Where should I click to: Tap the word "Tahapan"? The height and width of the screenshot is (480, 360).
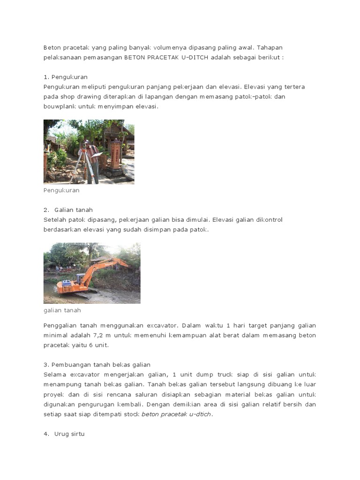(270, 48)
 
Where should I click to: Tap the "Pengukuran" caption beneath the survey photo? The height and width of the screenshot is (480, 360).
(61, 191)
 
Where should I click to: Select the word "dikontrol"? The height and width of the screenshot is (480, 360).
(268, 220)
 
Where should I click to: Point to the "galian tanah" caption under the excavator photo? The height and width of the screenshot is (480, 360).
(62, 310)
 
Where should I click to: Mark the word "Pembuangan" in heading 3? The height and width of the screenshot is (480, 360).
(71, 365)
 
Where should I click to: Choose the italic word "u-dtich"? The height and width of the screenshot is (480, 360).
(200, 414)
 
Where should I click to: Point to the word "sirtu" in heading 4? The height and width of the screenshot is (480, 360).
(77, 434)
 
